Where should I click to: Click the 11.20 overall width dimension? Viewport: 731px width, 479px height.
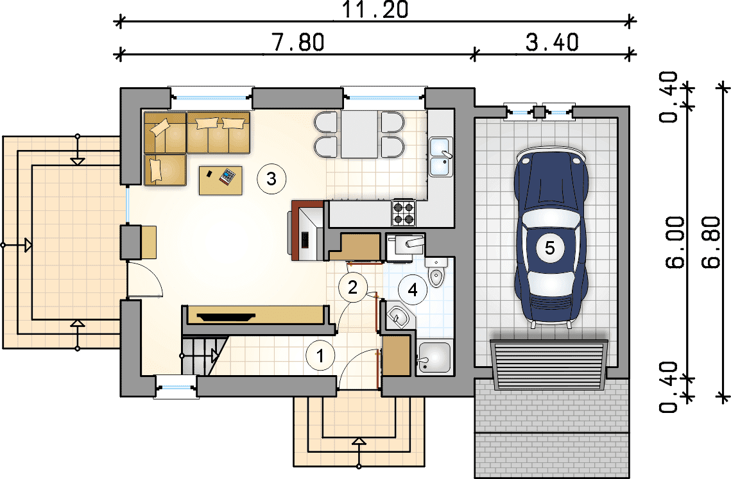coord(375,10)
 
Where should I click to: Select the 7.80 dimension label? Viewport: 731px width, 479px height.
coord(298,42)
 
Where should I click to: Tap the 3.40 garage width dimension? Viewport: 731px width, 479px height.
coord(553,42)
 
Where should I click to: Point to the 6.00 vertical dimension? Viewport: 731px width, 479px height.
coord(676,242)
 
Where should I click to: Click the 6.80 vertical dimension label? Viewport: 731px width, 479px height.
coord(712,242)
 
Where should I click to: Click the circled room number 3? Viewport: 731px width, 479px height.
coord(271,178)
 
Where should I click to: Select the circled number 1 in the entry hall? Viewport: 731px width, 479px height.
coord(320,356)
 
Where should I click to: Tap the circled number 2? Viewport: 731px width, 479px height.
coord(352,287)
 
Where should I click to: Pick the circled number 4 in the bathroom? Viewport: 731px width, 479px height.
coord(413,290)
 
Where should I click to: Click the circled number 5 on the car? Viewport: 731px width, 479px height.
coord(550,248)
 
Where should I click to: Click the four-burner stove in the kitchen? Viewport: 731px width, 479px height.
coord(404,212)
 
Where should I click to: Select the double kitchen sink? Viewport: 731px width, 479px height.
coord(440,157)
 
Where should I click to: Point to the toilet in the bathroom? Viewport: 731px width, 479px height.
coord(436,272)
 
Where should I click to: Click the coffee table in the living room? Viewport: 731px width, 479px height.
coord(221,180)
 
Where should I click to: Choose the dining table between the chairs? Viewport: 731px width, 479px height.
coord(359,134)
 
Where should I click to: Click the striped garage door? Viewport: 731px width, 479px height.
coord(549,365)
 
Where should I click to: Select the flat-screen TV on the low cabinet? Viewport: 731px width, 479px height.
coord(227,317)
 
